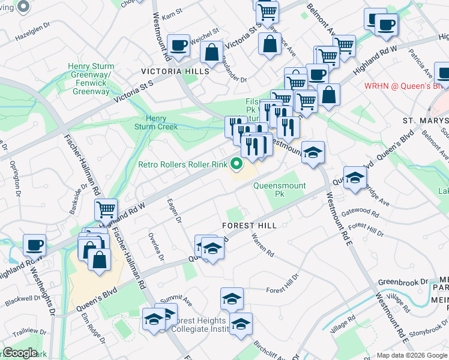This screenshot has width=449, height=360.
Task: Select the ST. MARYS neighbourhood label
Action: coord(426,121)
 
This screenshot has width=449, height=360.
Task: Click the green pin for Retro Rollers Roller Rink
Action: coord(237,163)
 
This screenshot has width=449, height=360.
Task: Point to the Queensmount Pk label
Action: coord(276,190)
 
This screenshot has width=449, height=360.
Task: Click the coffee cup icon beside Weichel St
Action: coord(179,45)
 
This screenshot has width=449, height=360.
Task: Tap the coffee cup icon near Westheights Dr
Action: coord(35,245)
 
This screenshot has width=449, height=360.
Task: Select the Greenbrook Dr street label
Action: coord(403,281)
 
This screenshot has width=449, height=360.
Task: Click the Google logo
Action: coord(20,353)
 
